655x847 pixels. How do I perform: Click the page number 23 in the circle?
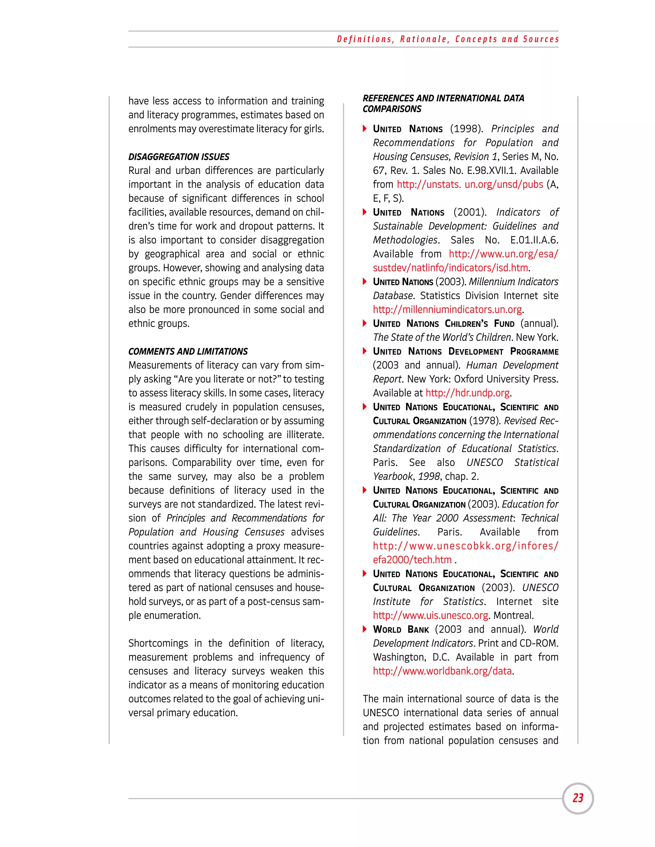point(578,798)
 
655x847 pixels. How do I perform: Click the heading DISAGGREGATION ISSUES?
point(179,157)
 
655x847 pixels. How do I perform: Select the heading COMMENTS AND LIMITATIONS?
point(188,351)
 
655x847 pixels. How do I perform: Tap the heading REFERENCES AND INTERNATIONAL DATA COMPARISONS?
point(443,104)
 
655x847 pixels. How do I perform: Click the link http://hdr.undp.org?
point(468,393)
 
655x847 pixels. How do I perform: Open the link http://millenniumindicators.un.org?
point(447,309)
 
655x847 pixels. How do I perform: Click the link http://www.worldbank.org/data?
point(442,671)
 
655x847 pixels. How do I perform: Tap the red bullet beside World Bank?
point(365,629)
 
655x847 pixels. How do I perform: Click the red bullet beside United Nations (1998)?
point(365,129)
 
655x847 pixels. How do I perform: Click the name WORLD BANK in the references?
point(401,629)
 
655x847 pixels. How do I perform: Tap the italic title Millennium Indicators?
point(513,282)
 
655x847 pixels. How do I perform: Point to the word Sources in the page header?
point(541,39)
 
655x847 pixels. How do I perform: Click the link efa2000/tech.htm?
point(412,560)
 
